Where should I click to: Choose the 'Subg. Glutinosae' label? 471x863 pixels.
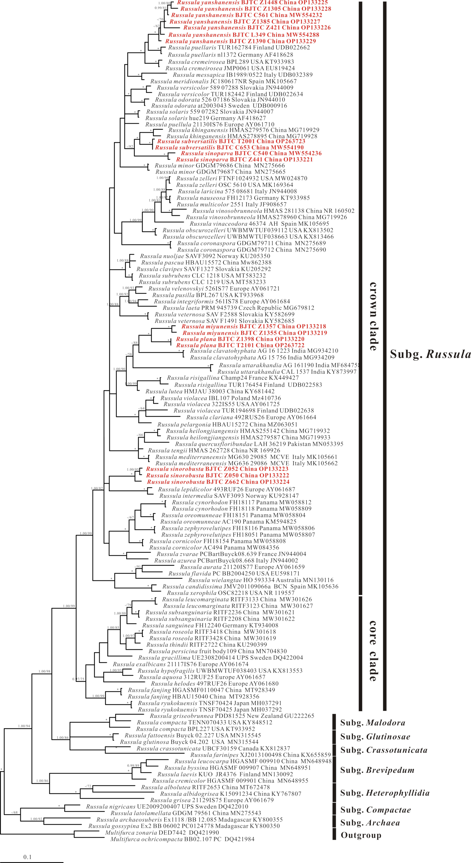pos(375,736)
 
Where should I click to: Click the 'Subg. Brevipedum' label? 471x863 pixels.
pos(377,770)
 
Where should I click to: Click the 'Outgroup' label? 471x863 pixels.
pos(361,835)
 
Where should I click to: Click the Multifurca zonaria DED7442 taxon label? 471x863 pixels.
pos(162,832)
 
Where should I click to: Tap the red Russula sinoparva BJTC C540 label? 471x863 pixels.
pos(251,153)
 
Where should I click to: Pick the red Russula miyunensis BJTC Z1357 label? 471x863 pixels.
pos(254,326)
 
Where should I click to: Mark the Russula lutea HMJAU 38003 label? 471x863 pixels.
pos(210,391)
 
